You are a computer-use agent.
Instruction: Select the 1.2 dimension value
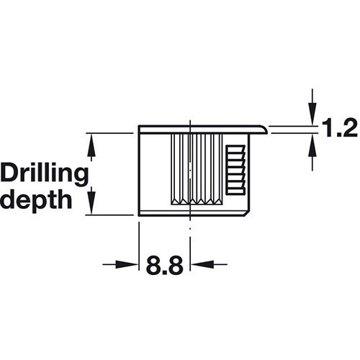[339, 128]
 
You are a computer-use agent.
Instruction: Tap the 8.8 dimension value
[165, 265]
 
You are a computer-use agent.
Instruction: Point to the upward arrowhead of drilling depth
[91, 145]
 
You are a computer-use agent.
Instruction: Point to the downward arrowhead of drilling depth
[91, 201]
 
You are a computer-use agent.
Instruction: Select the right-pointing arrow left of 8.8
[120, 264]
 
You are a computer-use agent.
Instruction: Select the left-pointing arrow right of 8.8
[209, 264]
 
